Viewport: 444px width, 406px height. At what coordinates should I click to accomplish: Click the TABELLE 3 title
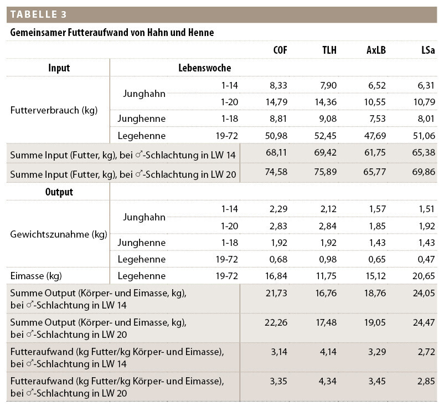click(38, 14)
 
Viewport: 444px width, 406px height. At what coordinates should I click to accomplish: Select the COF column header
click(280, 50)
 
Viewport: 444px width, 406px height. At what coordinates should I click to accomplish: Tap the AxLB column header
click(376, 50)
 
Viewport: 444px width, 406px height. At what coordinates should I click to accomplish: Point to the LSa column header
click(427, 50)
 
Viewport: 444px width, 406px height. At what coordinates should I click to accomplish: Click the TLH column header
click(329, 50)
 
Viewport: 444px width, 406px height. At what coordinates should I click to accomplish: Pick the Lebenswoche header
click(204, 68)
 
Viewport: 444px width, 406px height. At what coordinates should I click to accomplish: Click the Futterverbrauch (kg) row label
click(54, 110)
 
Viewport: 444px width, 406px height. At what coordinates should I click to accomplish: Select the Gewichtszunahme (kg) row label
click(58, 234)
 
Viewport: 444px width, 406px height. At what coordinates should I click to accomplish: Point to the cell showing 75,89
click(326, 173)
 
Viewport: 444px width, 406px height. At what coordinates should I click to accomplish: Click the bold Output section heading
click(59, 192)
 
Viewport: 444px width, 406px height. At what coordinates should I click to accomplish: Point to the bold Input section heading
click(59, 68)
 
